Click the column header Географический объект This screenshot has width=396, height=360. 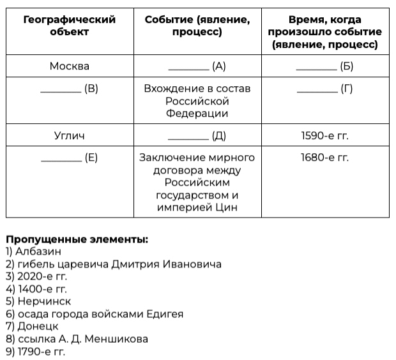point(69,26)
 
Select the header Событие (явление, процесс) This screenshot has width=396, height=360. point(197,26)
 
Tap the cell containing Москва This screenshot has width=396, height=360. point(69,66)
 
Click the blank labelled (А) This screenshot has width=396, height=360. point(197,66)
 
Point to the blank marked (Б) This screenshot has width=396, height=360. point(324,66)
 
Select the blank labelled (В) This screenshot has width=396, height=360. point(69,89)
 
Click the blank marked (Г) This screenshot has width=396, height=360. point(324,89)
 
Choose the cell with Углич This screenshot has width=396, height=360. point(69,135)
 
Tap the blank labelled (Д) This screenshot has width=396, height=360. point(197,135)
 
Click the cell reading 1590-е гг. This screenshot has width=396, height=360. point(324,135)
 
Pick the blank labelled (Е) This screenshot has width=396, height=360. point(69,158)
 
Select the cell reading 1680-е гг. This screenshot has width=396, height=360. point(324,158)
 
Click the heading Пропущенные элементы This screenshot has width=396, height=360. point(77,239)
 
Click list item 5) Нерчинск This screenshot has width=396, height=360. point(38,301)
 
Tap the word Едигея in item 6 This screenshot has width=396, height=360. point(164,314)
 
